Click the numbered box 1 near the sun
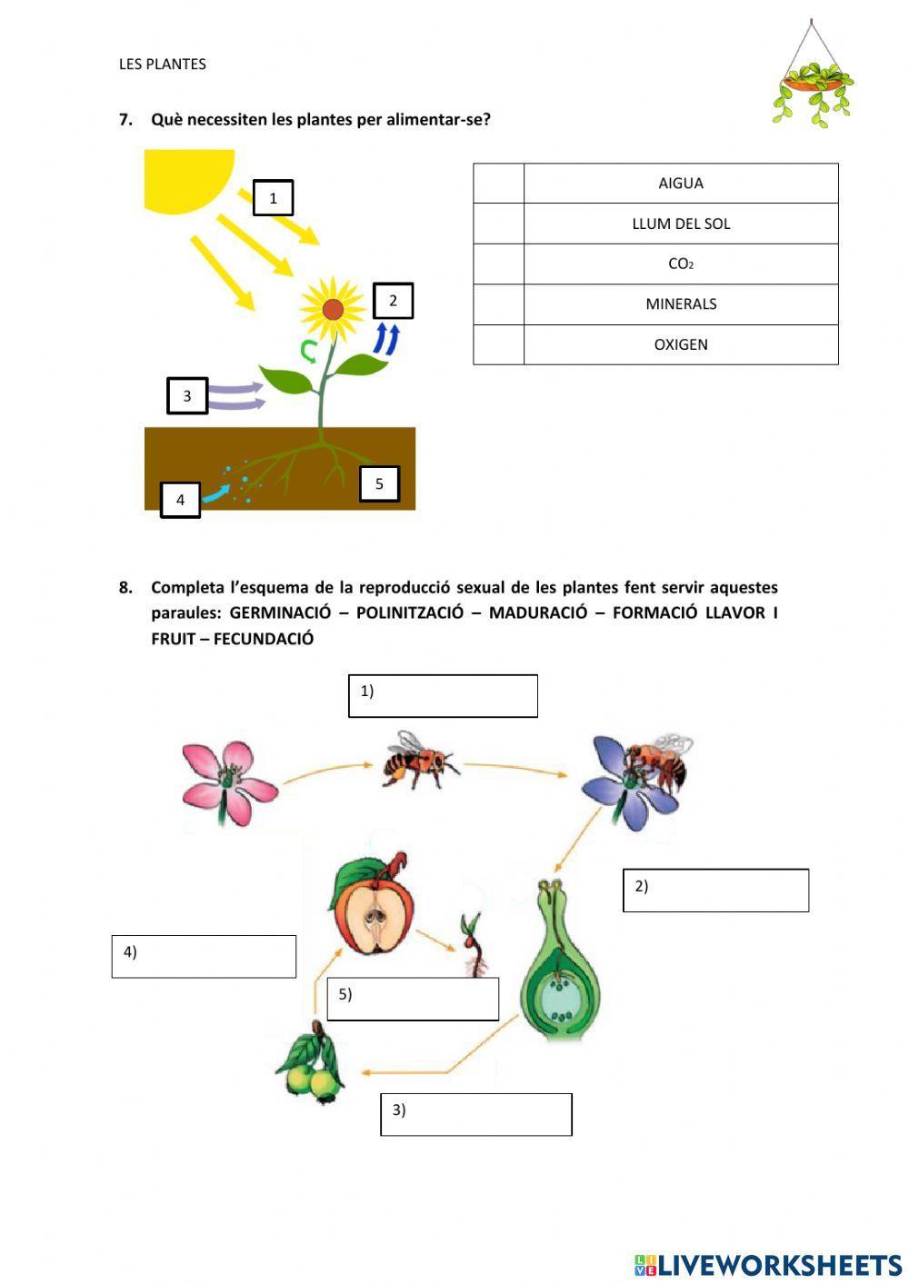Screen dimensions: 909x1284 [x=273, y=198]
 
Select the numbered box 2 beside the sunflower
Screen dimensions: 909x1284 [x=393, y=301]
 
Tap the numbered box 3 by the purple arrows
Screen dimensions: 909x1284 [x=187, y=396]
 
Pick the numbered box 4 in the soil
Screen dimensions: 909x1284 [x=180, y=500]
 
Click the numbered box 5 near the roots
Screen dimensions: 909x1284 [x=379, y=483]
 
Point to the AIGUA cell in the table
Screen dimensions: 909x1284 [x=681, y=184]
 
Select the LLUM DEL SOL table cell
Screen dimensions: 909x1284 [x=681, y=224]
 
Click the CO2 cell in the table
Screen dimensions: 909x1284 [x=681, y=264]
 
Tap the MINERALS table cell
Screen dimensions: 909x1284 [x=681, y=304]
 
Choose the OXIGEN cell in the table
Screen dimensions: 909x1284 [x=681, y=344]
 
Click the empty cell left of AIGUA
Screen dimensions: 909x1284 [x=498, y=184]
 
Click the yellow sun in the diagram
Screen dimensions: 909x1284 [x=182, y=177]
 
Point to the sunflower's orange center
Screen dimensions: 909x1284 [x=333, y=309]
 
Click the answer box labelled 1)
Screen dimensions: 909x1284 [x=443, y=696]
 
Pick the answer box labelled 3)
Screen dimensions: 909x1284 [x=475, y=1114]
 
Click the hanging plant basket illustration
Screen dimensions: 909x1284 [x=814, y=86]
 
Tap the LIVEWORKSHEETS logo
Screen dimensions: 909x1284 [x=768, y=1265]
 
